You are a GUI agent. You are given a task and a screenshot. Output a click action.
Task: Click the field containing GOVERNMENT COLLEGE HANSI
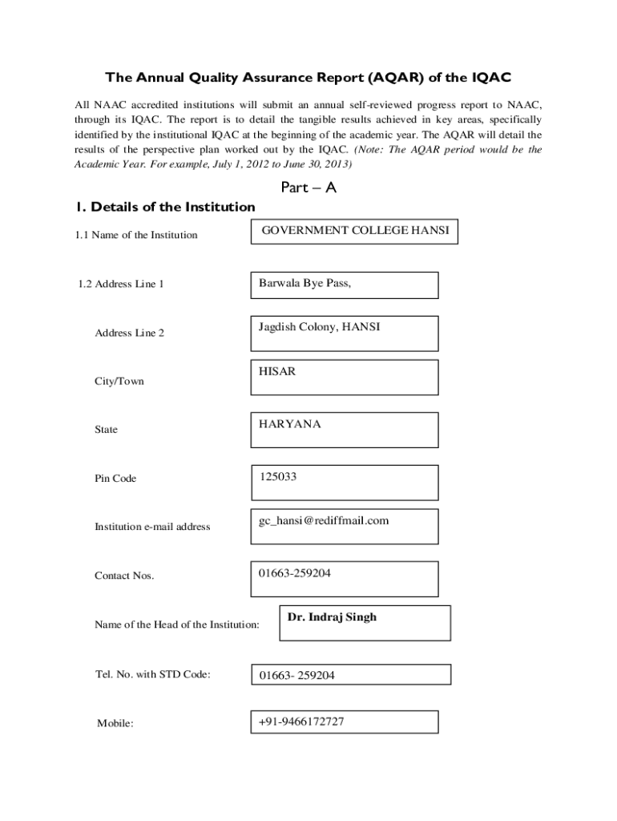click(x=356, y=231)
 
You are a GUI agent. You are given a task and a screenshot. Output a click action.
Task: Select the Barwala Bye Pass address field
click(x=345, y=285)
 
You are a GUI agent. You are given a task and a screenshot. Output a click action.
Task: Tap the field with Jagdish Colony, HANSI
click(x=345, y=333)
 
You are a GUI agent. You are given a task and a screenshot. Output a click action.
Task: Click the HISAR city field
click(x=345, y=377)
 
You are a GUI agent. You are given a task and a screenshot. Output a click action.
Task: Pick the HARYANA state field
click(x=345, y=429)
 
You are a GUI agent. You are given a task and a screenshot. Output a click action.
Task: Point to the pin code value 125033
click(x=345, y=482)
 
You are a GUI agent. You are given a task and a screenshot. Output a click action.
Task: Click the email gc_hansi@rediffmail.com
click(x=345, y=525)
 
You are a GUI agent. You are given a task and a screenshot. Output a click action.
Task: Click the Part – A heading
click(x=308, y=188)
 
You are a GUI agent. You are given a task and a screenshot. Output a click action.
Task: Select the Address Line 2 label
click(x=129, y=333)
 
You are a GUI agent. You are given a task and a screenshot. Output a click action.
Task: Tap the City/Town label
click(x=119, y=381)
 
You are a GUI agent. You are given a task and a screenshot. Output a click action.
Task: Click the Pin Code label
click(x=115, y=479)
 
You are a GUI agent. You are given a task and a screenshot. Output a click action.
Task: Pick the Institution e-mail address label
click(x=152, y=527)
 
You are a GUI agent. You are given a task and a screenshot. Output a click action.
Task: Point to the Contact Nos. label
click(x=124, y=576)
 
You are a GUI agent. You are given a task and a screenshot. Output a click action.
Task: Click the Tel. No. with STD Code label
click(x=152, y=673)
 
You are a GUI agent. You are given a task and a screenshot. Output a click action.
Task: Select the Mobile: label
click(x=115, y=723)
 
